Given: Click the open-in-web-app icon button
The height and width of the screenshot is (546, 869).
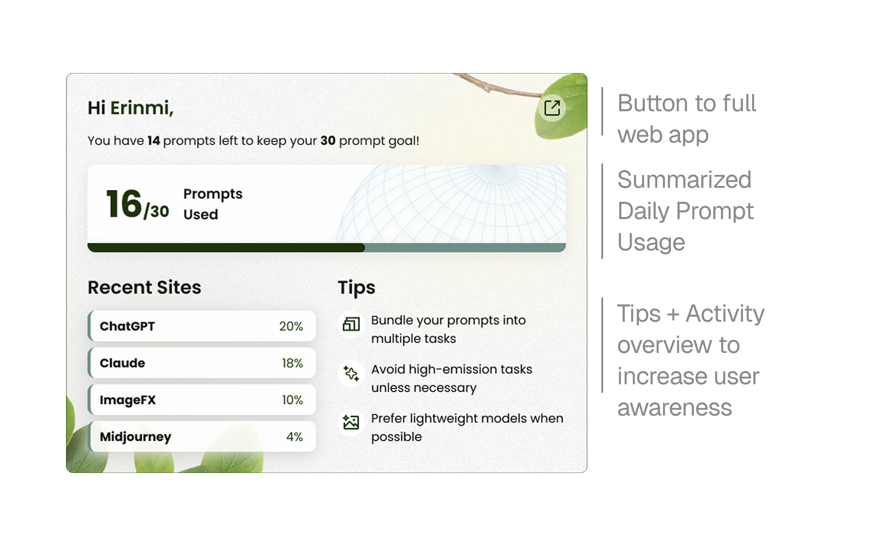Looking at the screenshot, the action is tap(552, 108).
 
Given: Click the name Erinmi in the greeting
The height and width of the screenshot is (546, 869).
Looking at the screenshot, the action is tap(142, 108).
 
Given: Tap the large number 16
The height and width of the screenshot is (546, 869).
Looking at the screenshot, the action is tap(124, 203).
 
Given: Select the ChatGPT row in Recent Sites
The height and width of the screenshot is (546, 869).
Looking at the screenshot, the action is tap(202, 326).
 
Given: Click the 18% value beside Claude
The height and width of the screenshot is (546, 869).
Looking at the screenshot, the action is tap(292, 363).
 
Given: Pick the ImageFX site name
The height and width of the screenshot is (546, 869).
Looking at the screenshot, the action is tap(128, 400).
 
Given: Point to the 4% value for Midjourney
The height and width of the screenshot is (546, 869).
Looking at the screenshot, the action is tap(295, 436).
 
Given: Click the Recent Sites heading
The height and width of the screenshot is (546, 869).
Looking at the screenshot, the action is tap(144, 287).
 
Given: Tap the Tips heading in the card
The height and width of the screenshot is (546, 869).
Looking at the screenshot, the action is tap(356, 288).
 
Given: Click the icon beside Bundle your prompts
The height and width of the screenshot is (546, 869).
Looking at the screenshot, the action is tap(351, 324).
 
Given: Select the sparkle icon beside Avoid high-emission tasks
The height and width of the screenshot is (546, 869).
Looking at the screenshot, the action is tap(351, 373).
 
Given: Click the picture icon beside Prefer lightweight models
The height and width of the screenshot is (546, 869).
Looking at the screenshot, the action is tap(351, 422).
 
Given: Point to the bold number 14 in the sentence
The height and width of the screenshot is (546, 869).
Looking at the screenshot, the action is tap(154, 140).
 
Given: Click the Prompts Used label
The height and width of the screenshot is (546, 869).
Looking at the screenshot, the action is tap(213, 204).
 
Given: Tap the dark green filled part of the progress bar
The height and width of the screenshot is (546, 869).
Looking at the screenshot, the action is tap(226, 248).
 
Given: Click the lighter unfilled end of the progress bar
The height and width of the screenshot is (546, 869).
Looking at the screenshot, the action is tap(465, 248).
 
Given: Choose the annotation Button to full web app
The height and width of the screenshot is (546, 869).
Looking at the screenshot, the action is tap(687, 119).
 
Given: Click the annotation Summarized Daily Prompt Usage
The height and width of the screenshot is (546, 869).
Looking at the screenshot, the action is tap(685, 211).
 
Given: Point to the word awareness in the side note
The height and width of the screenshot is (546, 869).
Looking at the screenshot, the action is tap(675, 407).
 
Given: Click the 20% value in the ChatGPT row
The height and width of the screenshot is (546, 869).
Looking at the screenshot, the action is tap(291, 326).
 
